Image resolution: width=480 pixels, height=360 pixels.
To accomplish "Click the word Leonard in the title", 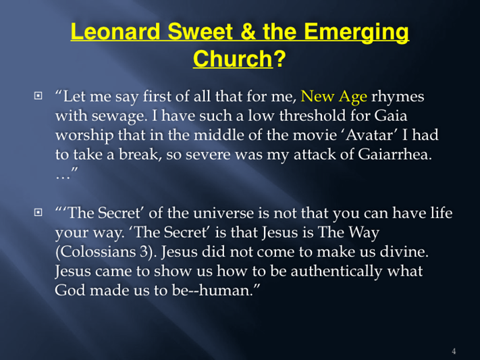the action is (115, 32).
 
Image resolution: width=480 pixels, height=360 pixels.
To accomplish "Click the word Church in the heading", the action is (233, 59).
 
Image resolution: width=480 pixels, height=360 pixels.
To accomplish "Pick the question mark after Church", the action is (279, 59).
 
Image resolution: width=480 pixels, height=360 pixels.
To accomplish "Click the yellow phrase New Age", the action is (334, 97).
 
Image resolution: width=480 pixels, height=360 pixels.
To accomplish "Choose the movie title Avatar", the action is (369, 135).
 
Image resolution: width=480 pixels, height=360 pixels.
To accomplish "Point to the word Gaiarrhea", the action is (394, 154).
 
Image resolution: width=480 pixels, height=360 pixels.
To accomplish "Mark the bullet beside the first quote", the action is (38, 96).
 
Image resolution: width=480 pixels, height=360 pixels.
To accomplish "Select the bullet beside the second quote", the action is (38, 212).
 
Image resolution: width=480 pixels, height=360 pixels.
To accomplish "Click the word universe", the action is (223, 213).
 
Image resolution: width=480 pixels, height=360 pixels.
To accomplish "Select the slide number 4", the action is (454, 351).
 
